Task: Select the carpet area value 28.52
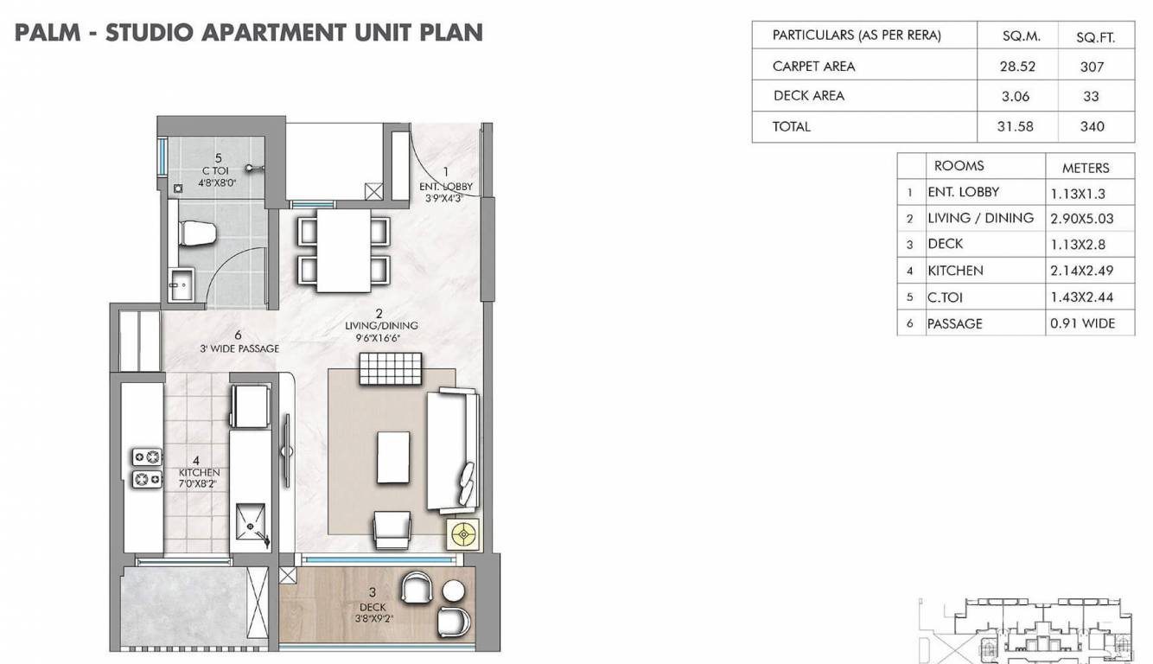[x=1016, y=66]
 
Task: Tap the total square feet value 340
[x=1092, y=126]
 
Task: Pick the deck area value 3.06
[x=1016, y=96]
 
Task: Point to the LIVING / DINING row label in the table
[x=980, y=218]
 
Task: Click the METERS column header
[x=1085, y=168]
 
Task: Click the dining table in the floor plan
[x=342, y=250]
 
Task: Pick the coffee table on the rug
[x=392, y=457]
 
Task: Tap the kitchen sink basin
[x=252, y=524]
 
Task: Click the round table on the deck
[x=454, y=591]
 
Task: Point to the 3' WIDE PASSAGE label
[x=237, y=342]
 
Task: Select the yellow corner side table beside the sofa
[x=462, y=535]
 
